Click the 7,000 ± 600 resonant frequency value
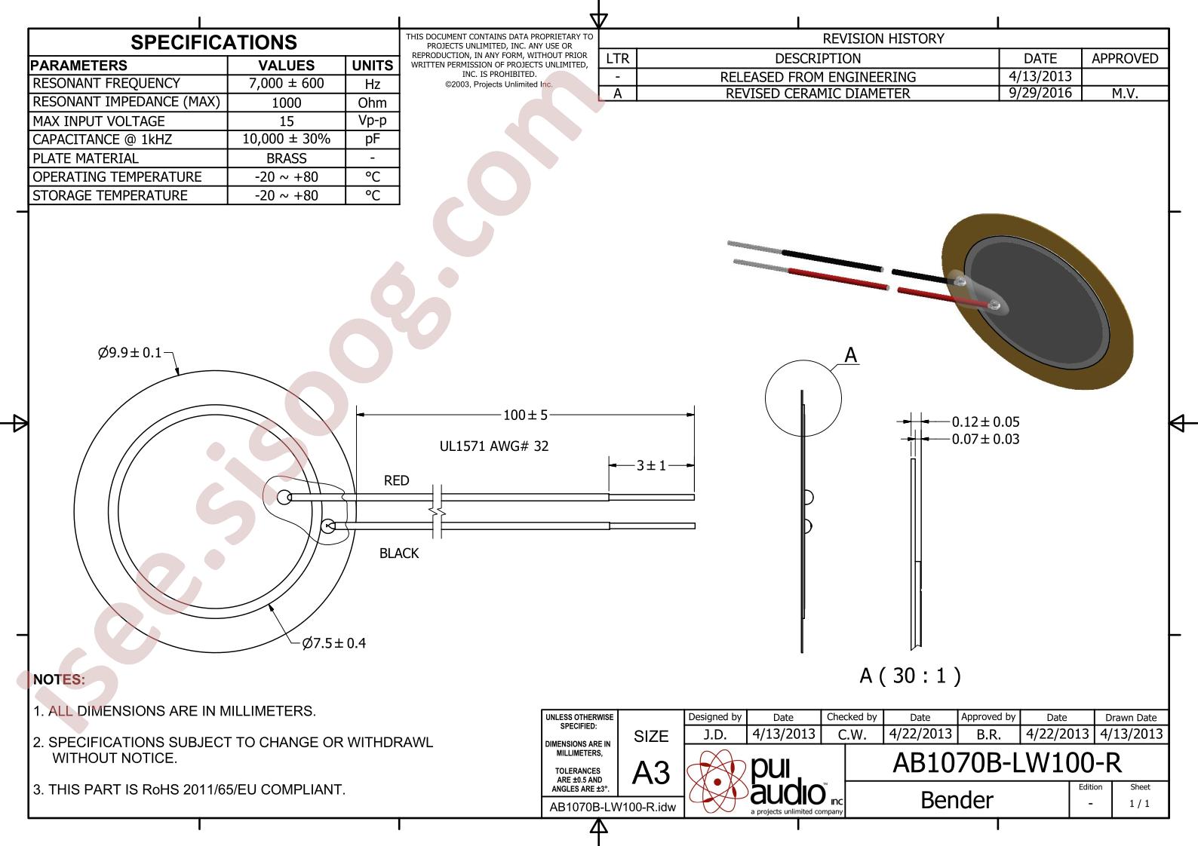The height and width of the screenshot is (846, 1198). pos(286,84)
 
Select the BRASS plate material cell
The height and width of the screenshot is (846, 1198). pos(286,158)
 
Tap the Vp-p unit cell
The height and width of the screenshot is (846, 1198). pos(372,121)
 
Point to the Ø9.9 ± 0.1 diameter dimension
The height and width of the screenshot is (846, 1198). pos(130,352)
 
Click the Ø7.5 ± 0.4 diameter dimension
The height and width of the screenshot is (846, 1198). pos(333,643)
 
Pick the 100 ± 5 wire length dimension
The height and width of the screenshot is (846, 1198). pos(525,415)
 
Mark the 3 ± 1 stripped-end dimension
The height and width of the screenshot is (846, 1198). pos(651,465)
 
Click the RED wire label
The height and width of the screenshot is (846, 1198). pos(396,480)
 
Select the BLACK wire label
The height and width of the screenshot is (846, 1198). pos(398,553)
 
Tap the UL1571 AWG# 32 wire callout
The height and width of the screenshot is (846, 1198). pos(494,446)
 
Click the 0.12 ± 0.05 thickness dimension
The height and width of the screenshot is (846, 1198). pos(985,422)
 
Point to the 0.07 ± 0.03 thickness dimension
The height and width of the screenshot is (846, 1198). pos(985,440)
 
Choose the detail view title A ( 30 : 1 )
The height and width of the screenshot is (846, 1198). pos(911,676)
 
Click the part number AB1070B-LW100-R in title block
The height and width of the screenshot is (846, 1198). pos(1006,763)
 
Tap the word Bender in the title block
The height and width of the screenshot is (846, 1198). pos(957,800)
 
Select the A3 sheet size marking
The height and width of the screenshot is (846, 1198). pos(650,773)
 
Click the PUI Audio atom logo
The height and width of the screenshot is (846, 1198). pos(717,781)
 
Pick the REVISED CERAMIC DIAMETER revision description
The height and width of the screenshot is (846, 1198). pos(818,93)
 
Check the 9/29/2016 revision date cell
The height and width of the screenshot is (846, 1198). pos(1040,93)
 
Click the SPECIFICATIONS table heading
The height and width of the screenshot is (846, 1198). pos(213,42)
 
